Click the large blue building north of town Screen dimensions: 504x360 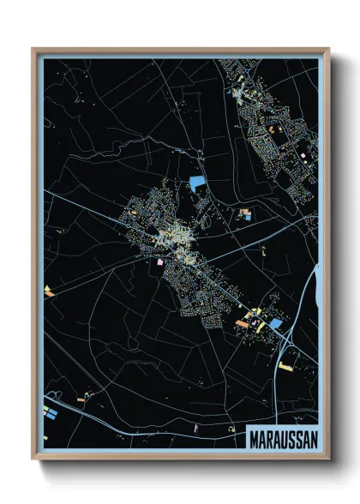point(197,182)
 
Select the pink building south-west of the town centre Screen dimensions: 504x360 point(159,262)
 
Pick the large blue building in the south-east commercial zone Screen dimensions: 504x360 point(275,324)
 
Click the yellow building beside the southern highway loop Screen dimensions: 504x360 point(285,366)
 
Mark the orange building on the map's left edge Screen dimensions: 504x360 point(49,291)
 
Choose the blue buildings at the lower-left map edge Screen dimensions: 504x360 point(49,414)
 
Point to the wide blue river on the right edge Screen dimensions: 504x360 point(316,283)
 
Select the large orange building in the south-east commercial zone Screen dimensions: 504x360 point(243,322)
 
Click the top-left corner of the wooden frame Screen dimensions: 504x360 point(34,50)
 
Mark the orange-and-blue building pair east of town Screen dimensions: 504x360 point(246,213)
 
